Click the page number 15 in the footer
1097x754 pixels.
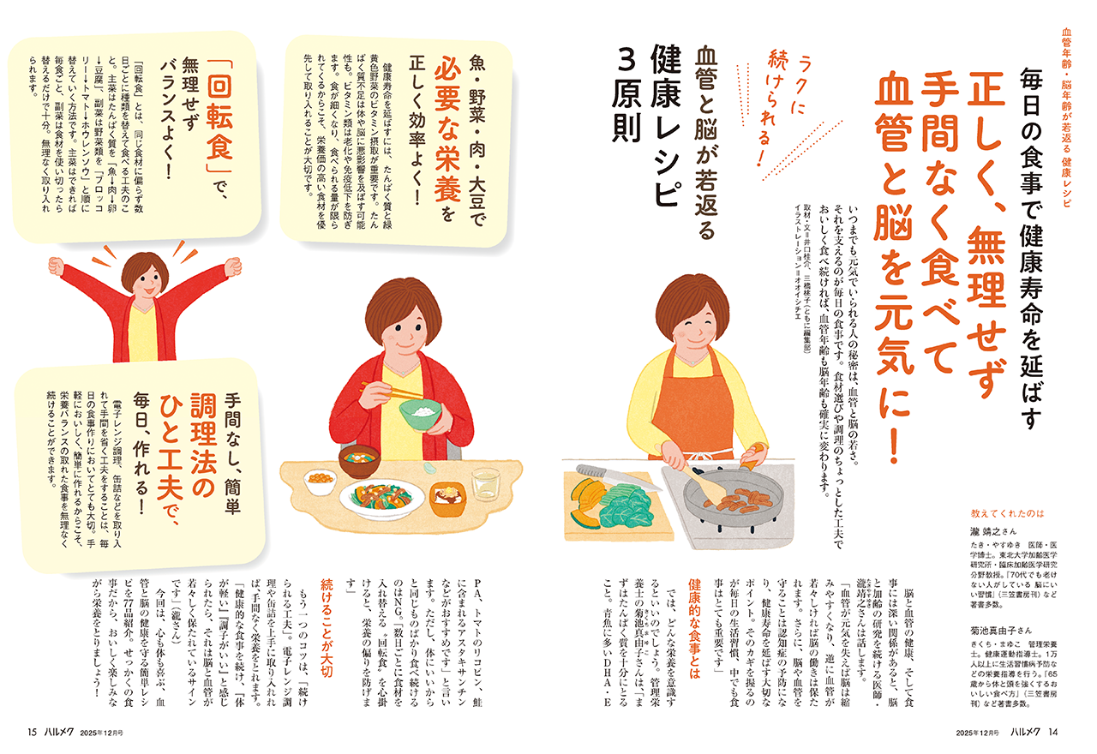33,733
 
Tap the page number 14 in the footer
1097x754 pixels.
1053,733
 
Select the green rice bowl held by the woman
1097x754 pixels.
420,414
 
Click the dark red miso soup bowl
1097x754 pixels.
359,461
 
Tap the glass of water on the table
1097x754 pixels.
485,484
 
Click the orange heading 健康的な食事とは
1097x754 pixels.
694,630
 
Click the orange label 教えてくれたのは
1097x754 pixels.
1008,513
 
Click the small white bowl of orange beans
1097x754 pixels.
320,481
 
